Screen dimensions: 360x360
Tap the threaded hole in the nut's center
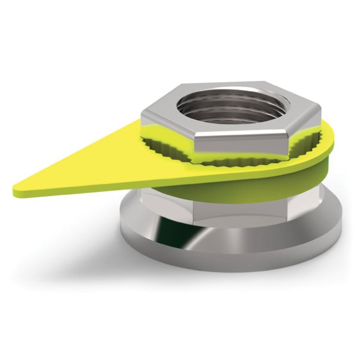pyautogui.click(x=234, y=105)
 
